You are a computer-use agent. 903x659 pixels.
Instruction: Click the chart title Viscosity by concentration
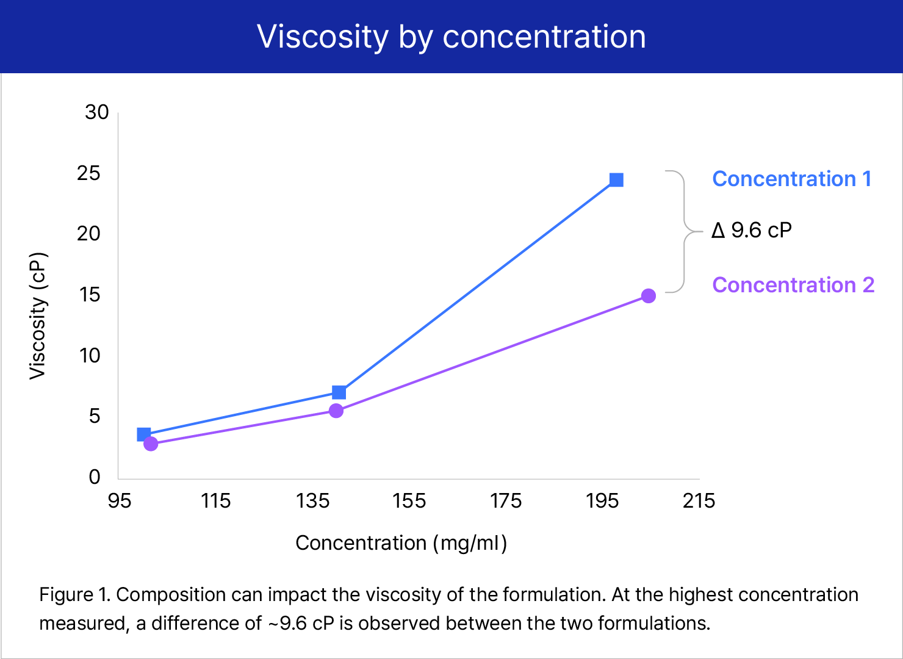pyautogui.click(x=452, y=37)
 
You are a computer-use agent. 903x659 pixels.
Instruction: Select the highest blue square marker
pyautogui.click(x=616, y=180)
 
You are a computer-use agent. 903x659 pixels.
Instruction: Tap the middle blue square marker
pyautogui.click(x=339, y=392)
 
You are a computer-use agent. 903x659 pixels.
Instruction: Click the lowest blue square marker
pyautogui.click(x=144, y=434)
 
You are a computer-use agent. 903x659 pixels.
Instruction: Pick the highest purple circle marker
pyautogui.click(x=649, y=296)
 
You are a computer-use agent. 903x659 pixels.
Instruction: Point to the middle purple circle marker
pyautogui.click(x=336, y=411)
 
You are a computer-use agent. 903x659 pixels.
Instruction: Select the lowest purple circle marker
pyautogui.click(x=151, y=444)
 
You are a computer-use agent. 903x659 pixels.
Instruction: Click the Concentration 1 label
pyautogui.click(x=791, y=179)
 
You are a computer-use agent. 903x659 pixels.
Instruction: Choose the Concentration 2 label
pyautogui.click(x=793, y=285)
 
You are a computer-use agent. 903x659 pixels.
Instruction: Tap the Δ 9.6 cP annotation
pyautogui.click(x=752, y=231)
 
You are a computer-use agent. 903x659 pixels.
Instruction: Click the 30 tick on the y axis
pyautogui.click(x=97, y=112)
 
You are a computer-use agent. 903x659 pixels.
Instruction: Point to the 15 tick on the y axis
pyautogui.click(x=89, y=295)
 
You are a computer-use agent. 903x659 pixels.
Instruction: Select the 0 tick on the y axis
pyautogui.click(x=95, y=477)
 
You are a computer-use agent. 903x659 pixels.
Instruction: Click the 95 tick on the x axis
pyautogui.click(x=119, y=501)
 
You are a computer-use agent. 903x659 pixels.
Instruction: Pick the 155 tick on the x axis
pyautogui.click(x=409, y=501)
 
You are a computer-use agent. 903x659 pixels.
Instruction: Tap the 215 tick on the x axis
pyautogui.click(x=699, y=501)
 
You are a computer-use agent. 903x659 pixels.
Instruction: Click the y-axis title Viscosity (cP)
pyautogui.click(x=38, y=315)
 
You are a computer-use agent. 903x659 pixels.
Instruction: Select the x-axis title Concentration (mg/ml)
pyautogui.click(x=401, y=542)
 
